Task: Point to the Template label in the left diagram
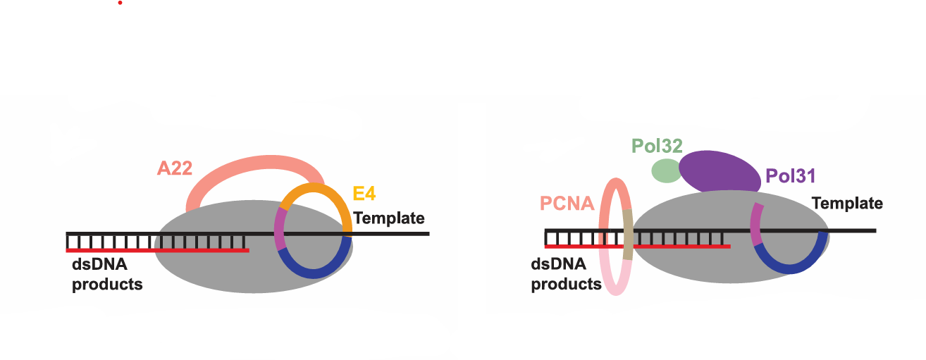(x=389, y=218)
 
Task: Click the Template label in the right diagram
(x=847, y=204)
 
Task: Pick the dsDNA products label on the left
(x=107, y=275)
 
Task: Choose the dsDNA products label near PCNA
(x=566, y=275)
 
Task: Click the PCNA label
(x=568, y=204)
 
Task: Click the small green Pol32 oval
(x=666, y=170)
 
